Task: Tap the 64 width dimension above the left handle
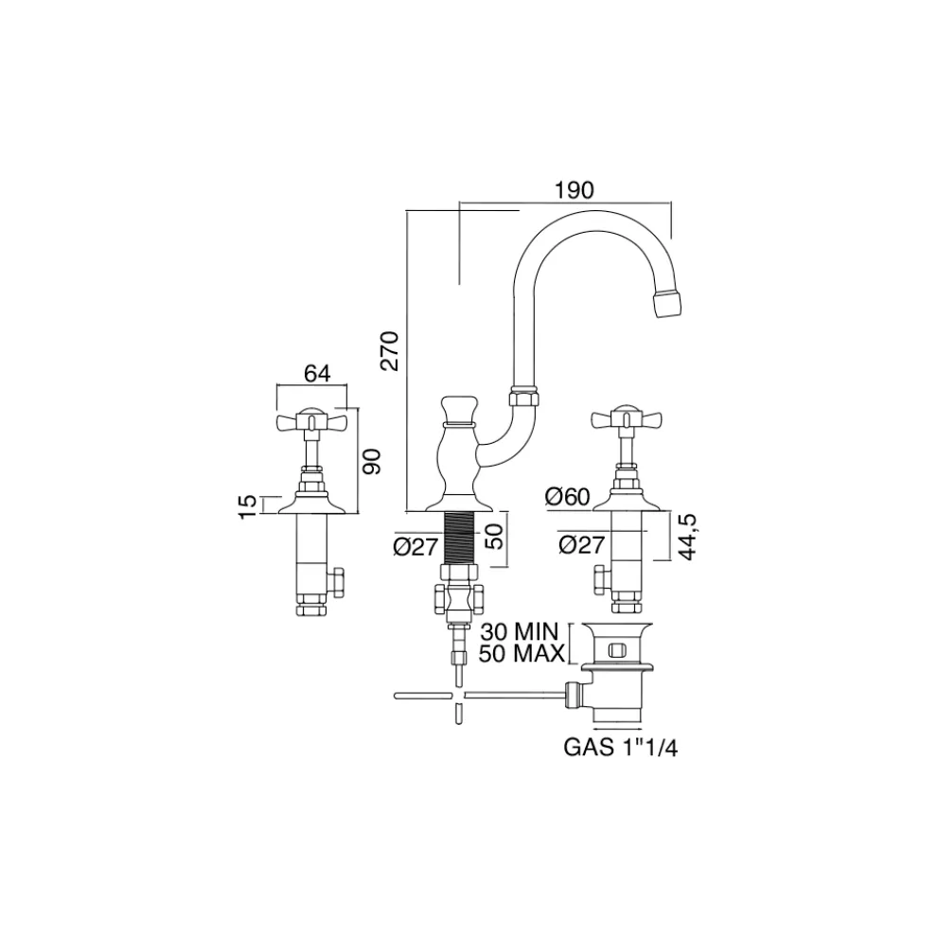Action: [316, 373]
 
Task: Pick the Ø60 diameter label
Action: [569, 496]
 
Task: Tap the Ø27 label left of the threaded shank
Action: [414, 547]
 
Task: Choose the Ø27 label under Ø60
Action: [581, 546]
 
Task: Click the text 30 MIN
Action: [522, 631]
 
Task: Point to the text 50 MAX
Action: [522, 653]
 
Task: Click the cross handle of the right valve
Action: [623, 417]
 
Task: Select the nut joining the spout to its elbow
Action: [522, 397]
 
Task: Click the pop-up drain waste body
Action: [615, 663]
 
